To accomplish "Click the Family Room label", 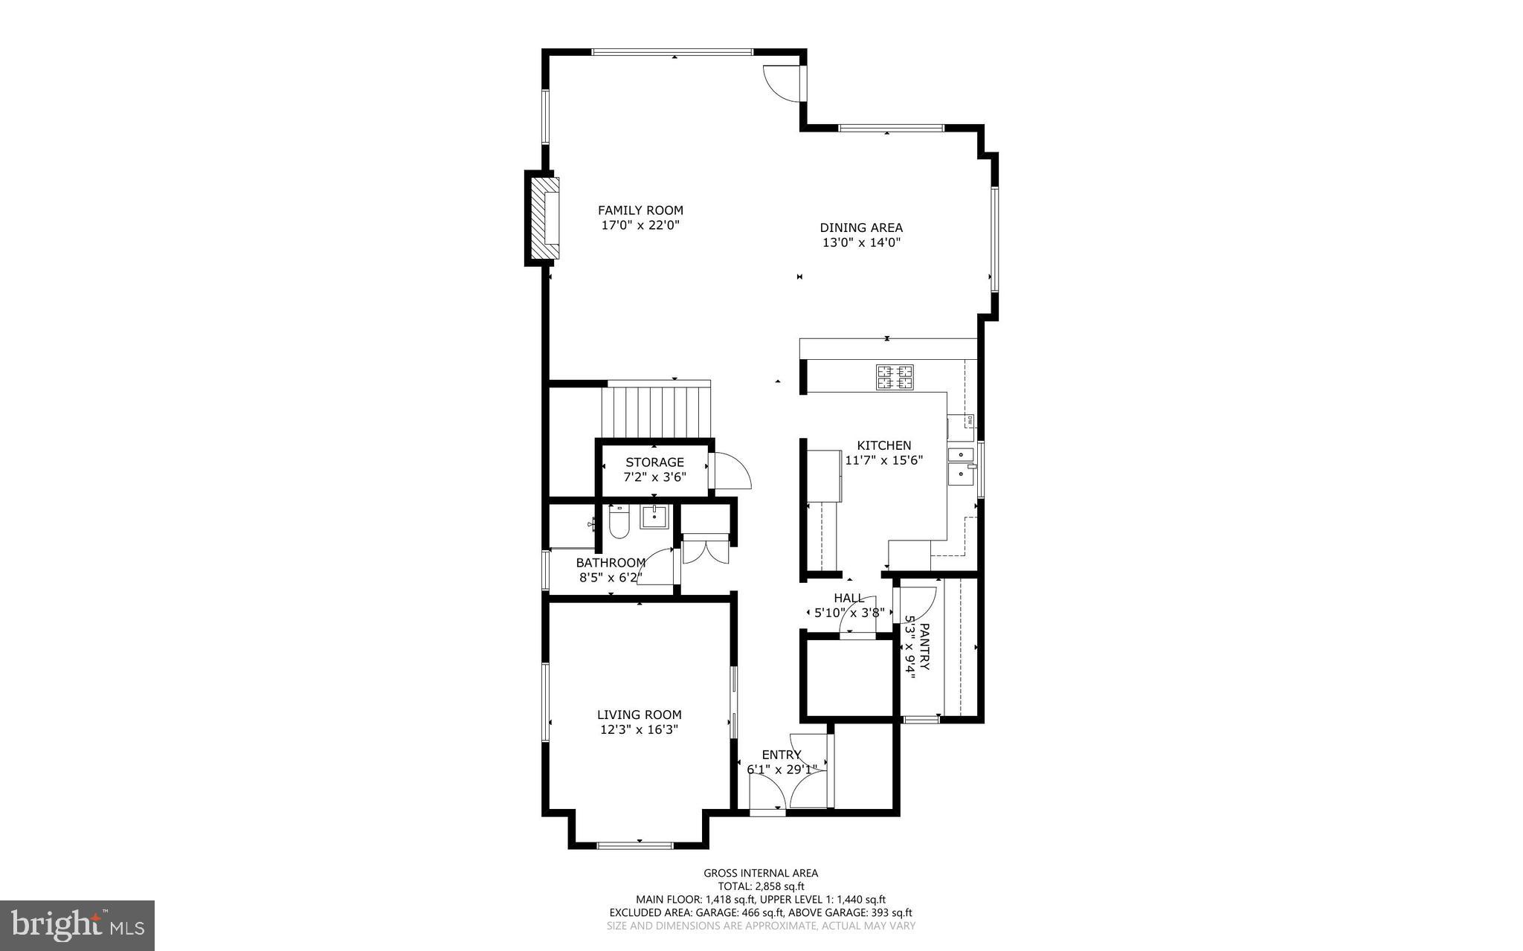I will coord(640,210).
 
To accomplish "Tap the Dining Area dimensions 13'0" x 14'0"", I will coord(861,242).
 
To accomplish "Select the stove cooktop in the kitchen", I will coord(895,377).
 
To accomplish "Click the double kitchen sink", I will coord(961,464).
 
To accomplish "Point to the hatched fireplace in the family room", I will coord(544,217).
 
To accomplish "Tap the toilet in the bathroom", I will coord(619,523).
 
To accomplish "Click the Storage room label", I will coord(654,462).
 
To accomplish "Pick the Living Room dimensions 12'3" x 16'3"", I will coord(639,730).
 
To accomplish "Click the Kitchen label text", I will coord(883,445).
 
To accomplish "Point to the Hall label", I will coord(849,598).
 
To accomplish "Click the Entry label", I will coord(782,755).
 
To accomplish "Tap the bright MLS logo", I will coord(77,926).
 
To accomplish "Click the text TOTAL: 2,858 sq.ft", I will coord(761,886).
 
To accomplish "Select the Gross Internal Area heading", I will coord(761,873).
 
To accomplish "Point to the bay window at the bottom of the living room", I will coord(635,845).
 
